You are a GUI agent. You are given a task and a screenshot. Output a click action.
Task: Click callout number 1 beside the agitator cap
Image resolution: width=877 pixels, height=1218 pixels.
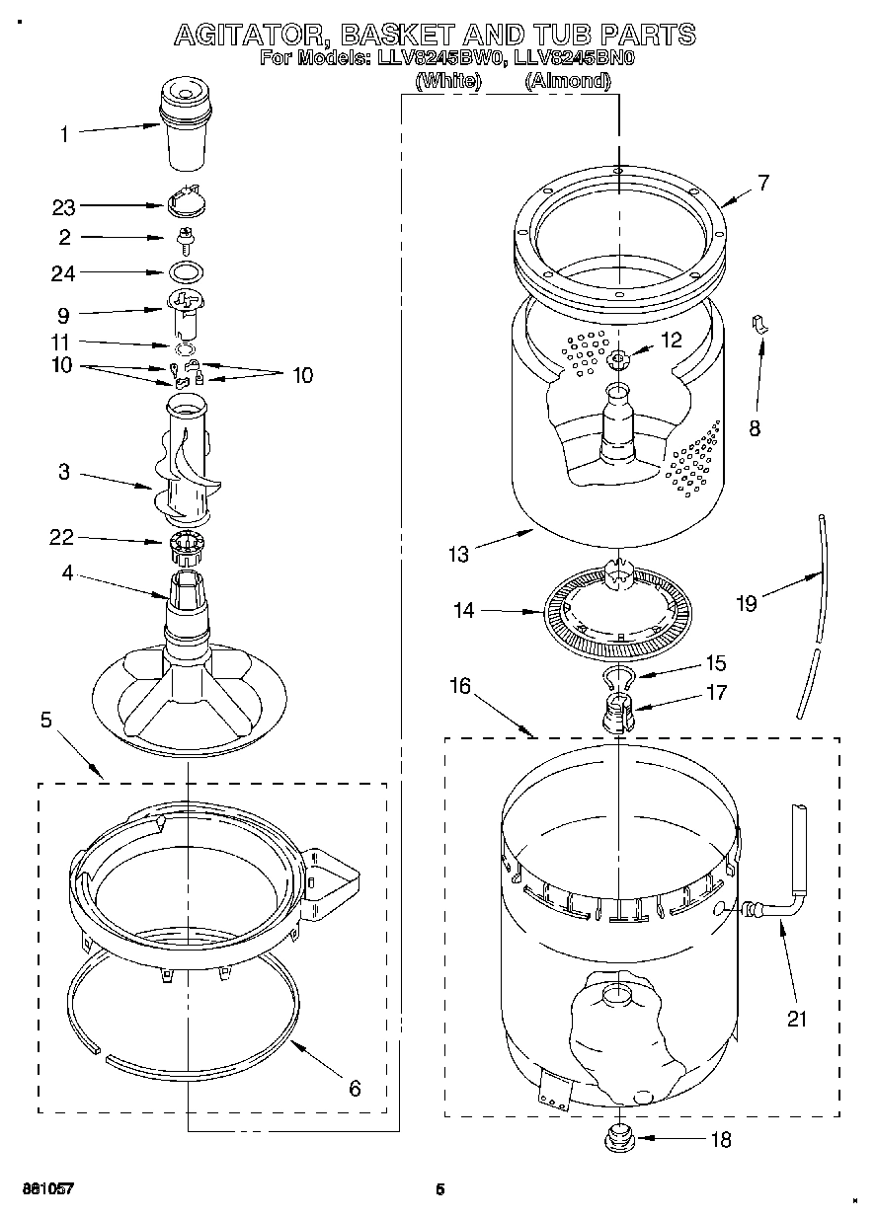[65, 134]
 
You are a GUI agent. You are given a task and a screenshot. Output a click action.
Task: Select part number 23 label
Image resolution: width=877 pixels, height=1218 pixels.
[63, 207]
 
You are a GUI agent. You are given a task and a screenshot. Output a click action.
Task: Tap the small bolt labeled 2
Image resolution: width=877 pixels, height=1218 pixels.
[184, 237]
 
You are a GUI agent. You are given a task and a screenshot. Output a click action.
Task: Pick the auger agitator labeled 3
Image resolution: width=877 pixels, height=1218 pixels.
[186, 464]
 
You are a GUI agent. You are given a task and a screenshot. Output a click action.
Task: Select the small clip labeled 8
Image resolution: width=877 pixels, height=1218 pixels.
[761, 324]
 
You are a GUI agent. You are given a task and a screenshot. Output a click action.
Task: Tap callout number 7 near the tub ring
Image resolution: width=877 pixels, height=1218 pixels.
[762, 182]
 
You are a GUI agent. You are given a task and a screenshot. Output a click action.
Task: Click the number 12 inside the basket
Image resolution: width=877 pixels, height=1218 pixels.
[671, 340]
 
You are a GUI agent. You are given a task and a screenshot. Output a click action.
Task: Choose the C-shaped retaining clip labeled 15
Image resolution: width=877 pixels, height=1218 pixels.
[618, 676]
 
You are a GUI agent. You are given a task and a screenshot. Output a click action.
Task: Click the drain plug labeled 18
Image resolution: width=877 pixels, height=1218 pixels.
[618, 1138]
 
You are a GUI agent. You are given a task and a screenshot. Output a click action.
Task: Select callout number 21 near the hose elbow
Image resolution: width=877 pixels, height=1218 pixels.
[796, 1018]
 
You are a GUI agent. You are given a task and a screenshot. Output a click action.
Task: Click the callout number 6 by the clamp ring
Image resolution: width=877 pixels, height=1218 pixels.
[355, 1089]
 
